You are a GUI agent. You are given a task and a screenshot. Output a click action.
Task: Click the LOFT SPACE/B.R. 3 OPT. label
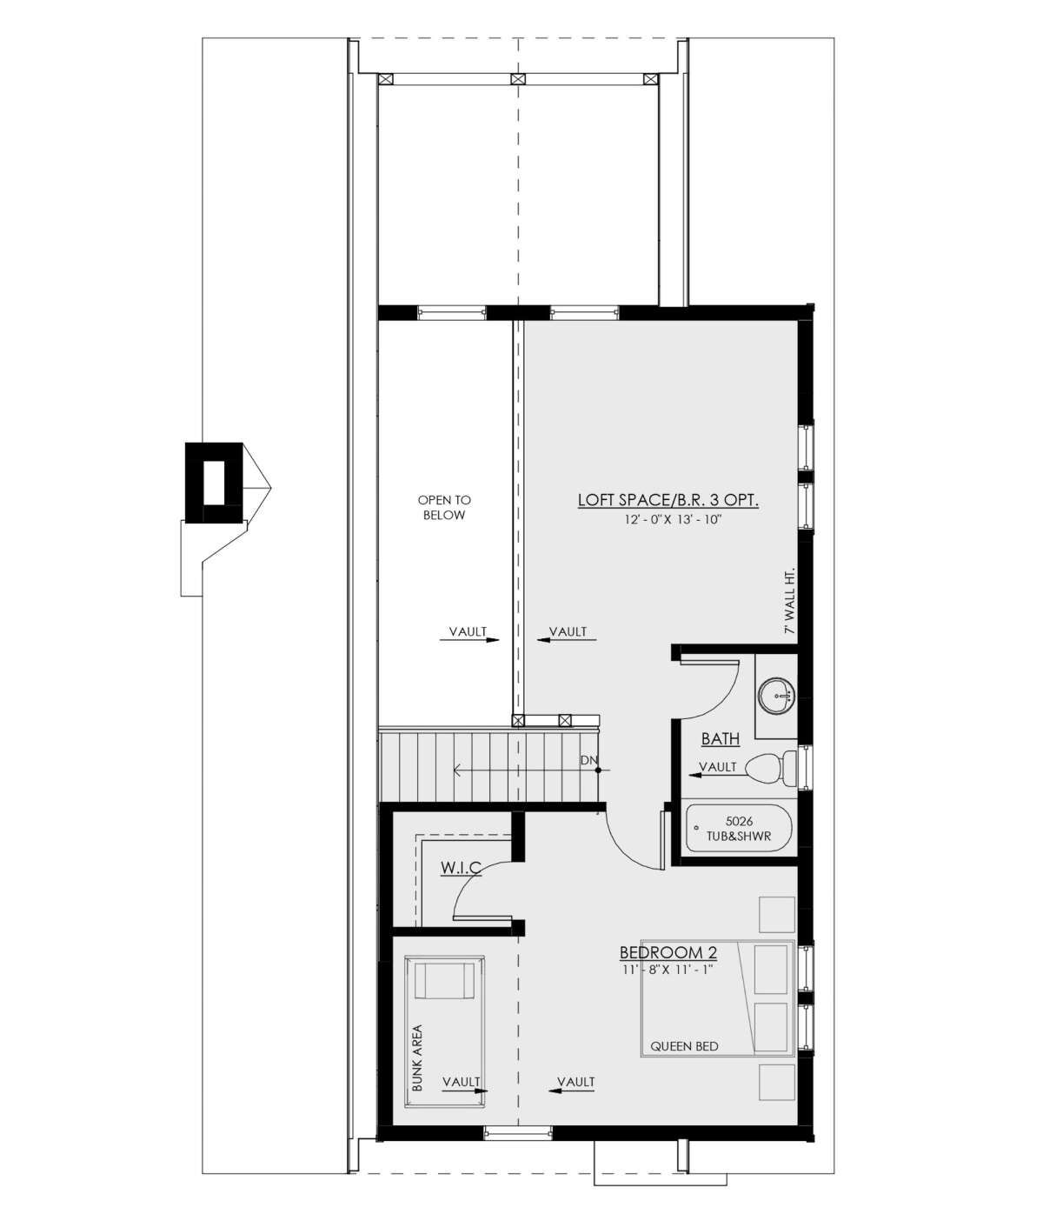pos(668,500)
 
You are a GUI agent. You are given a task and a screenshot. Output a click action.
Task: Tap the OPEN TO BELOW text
pos(444,508)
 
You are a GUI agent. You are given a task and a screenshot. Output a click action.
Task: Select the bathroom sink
pos(776,697)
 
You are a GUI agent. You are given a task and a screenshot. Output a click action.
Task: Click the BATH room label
pos(721,739)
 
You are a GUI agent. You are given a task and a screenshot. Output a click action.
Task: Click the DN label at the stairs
pos(588,761)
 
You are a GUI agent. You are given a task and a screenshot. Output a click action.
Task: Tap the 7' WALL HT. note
pos(789,601)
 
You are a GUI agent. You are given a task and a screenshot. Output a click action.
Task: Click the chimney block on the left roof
pos(214,483)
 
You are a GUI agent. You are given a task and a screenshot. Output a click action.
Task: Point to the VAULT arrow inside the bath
pos(717,775)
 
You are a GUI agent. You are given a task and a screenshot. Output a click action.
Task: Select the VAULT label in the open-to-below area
pos(468,632)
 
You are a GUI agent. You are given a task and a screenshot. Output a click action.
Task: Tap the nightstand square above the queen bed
pos(776,915)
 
